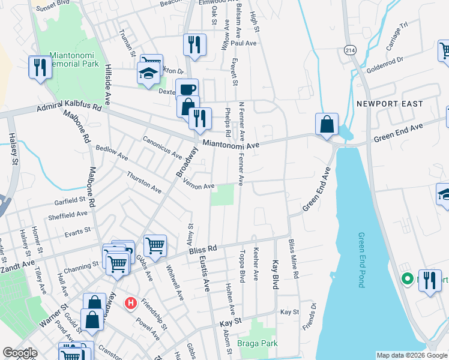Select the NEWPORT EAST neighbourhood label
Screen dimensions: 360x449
point(390,104)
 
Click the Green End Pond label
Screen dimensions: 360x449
point(361,260)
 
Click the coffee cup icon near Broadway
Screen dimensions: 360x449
point(187,89)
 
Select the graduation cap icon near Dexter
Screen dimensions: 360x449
point(146,73)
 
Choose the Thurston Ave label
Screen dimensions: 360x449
point(144,182)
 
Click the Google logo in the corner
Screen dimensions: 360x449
point(20,353)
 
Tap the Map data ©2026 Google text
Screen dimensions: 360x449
point(412,355)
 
